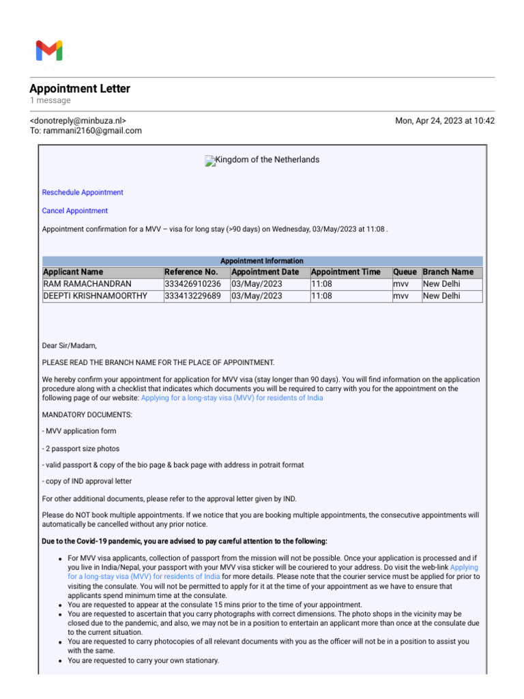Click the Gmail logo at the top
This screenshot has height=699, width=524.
[x=49, y=51]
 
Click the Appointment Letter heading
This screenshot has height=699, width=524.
[x=80, y=89]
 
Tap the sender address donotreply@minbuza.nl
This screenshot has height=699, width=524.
[x=78, y=121]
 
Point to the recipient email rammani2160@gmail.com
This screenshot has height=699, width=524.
[x=92, y=131]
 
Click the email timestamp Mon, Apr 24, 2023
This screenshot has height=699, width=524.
[x=445, y=121]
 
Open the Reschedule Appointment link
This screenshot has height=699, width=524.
[x=83, y=192]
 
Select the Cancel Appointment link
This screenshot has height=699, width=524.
[x=75, y=211]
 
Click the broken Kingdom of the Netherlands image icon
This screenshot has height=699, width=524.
[x=210, y=161]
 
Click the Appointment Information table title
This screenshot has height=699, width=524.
[x=262, y=261]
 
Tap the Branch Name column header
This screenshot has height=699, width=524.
[x=448, y=272]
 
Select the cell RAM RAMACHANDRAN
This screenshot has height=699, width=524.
[x=87, y=284]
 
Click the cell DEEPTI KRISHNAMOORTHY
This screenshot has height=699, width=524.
[x=95, y=296]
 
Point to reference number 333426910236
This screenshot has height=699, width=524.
[x=193, y=284]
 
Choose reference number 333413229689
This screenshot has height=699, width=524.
[x=193, y=296]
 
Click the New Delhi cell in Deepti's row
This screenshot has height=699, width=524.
[x=441, y=296]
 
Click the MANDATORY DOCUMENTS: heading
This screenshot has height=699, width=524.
[x=87, y=414]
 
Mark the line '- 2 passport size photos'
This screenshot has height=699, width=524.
[x=81, y=448]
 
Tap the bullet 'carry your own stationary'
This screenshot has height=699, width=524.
[x=143, y=661]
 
